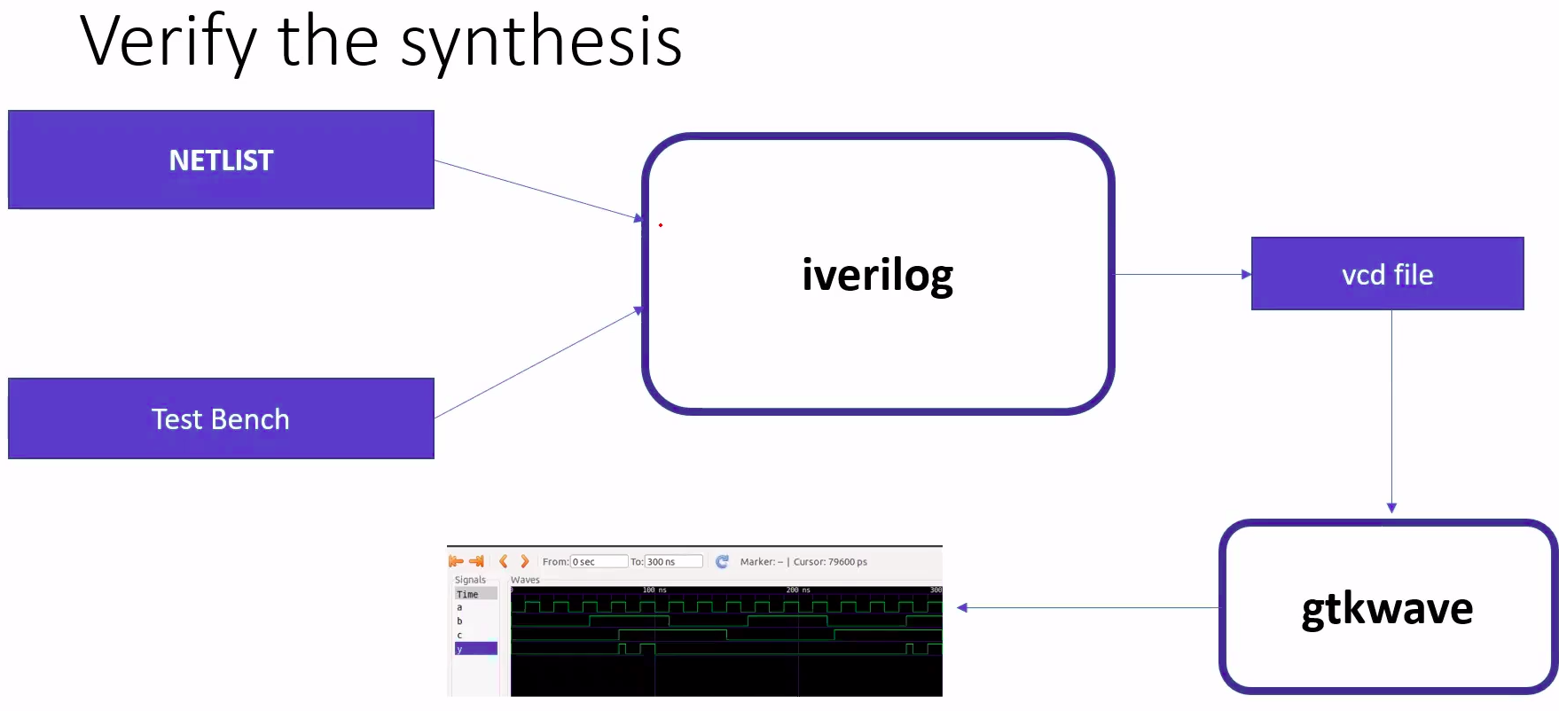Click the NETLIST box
221,160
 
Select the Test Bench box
221,418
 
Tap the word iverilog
877,275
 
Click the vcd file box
1387,274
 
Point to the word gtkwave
1387,609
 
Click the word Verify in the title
168,42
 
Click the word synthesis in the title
541,42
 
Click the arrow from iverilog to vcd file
1182,275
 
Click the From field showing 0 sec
599,562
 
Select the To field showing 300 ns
673,562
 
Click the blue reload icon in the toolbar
722,562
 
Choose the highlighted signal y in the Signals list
475,649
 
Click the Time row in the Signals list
475,594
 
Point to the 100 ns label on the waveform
654,590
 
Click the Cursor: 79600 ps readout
830,562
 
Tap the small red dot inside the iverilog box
661,225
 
